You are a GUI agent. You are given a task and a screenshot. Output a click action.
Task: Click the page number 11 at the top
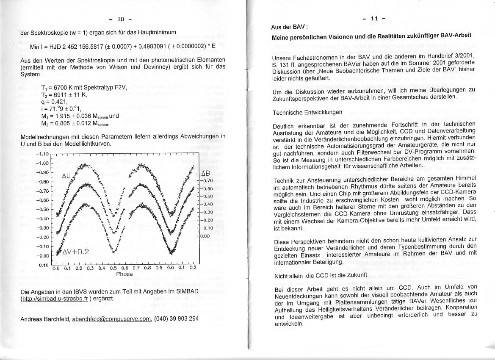click(374, 19)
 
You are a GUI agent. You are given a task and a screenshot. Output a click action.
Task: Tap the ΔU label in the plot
click(67, 176)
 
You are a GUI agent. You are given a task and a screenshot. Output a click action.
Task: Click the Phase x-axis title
click(124, 274)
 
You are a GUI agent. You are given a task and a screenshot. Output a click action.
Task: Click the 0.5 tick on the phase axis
click(113, 268)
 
